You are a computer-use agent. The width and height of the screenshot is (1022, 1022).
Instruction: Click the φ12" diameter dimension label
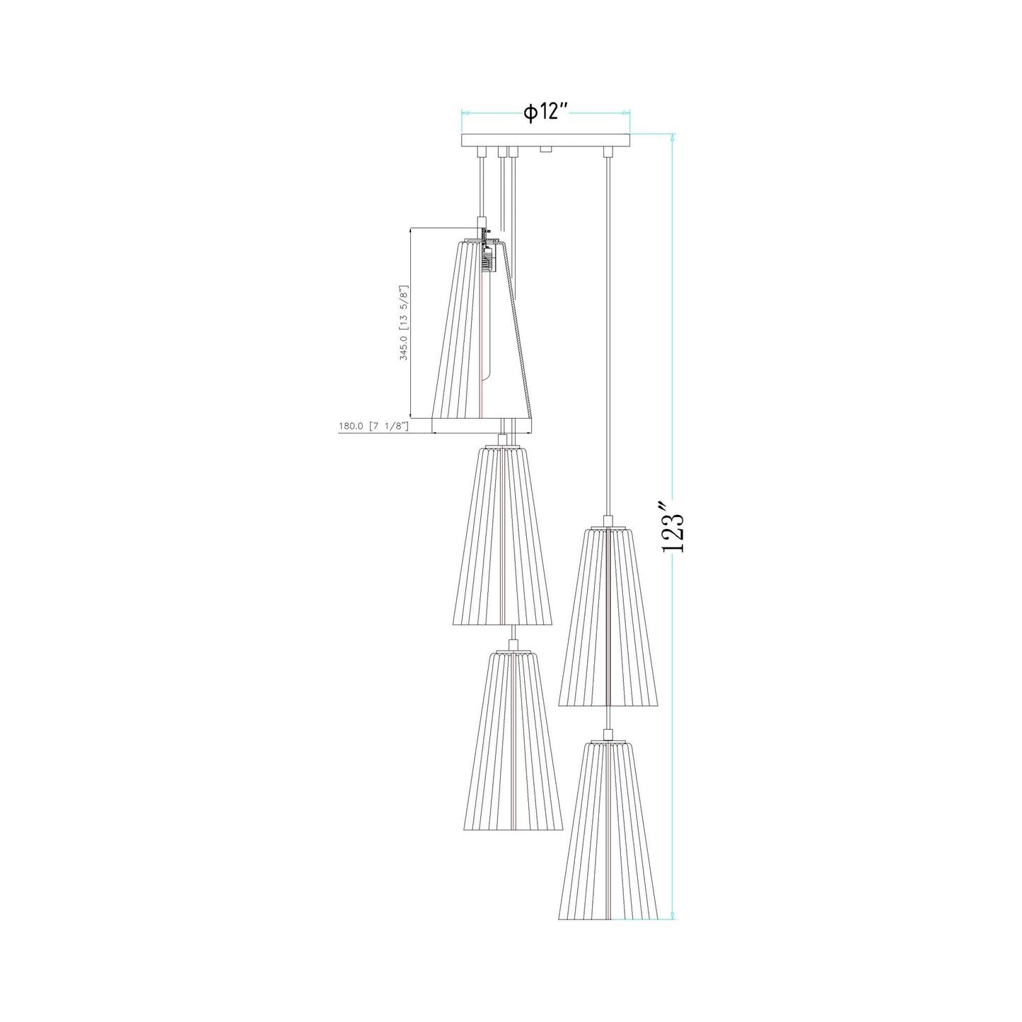click(x=545, y=112)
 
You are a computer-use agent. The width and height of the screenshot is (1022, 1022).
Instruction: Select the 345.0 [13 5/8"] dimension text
click(x=404, y=323)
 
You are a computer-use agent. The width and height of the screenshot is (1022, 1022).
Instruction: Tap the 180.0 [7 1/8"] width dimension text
click(x=374, y=426)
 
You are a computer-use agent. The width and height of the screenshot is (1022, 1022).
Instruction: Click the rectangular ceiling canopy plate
click(x=545, y=141)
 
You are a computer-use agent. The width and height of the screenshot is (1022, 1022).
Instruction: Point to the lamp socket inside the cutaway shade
click(x=489, y=258)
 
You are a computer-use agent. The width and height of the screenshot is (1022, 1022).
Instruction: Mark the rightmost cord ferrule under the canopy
click(x=607, y=152)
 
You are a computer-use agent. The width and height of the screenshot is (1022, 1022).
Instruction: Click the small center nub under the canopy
click(x=545, y=150)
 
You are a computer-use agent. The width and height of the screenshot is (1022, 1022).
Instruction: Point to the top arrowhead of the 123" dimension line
click(x=673, y=137)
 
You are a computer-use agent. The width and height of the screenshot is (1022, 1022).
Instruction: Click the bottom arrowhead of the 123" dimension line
click(x=673, y=917)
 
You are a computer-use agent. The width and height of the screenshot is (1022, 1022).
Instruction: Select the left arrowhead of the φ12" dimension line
click(x=465, y=112)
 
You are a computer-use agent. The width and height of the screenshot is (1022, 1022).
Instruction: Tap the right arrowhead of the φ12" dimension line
click(x=627, y=112)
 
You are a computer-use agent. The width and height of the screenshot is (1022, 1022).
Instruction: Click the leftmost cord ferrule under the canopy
click(x=482, y=152)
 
